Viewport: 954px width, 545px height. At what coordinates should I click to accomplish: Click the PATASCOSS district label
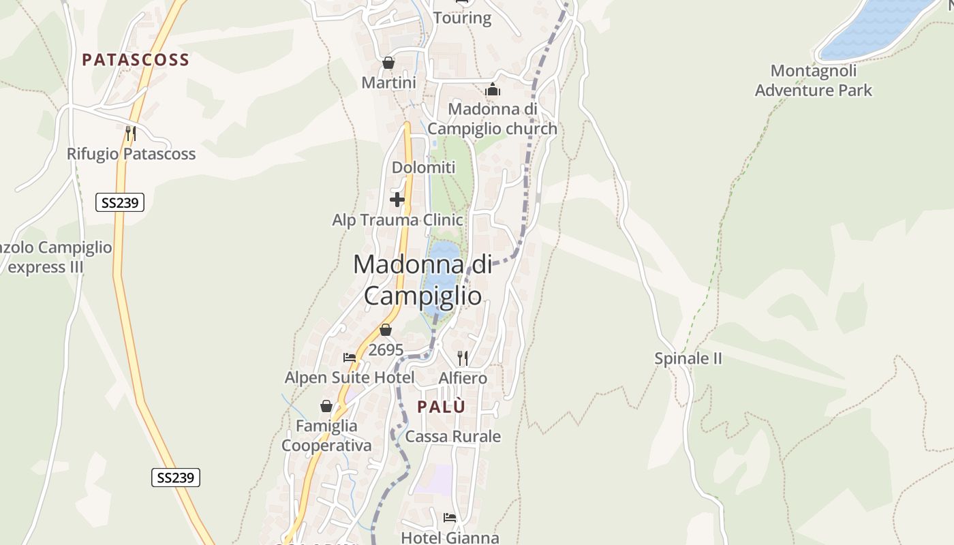pos(136,60)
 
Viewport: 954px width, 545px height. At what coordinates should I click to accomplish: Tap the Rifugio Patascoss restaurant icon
pos(131,133)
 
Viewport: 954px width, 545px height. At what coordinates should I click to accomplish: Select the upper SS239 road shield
pos(119,202)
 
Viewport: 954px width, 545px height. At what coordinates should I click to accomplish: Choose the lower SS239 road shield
pos(176,478)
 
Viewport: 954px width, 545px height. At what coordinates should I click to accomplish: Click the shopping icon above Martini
pos(388,63)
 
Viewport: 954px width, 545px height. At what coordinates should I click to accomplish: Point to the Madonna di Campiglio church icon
pos(492,89)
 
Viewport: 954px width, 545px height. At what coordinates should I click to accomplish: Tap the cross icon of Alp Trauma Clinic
pos(397,200)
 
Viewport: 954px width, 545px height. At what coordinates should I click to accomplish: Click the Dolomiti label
pos(423,167)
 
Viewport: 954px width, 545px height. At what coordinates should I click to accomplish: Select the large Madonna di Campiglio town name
pos(422,279)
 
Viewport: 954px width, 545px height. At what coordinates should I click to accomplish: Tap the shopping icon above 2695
pos(386,330)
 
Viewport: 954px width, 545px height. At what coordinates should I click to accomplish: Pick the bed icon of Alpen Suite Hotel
pos(350,357)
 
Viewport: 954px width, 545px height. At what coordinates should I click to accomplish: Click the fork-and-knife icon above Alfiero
pos(463,358)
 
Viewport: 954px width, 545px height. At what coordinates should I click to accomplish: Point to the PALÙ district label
pos(442,407)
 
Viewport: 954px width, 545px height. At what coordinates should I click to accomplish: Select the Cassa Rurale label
pos(453,437)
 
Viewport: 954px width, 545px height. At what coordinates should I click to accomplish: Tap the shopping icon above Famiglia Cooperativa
pos(326,406)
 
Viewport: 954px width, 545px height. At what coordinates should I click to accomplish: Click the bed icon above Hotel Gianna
pos(450,518)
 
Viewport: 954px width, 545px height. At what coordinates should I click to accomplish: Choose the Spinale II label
pos(688,358)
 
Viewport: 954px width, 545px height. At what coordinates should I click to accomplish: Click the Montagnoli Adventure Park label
pos(814,80)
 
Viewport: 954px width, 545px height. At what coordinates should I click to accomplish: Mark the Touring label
pos(462,18)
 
